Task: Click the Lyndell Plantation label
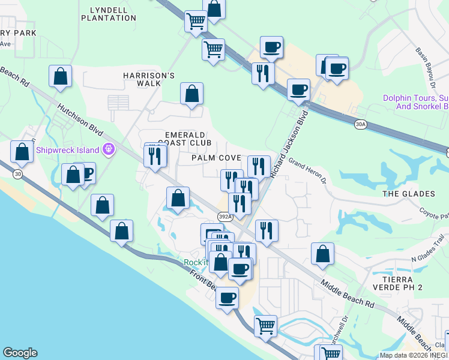pyautogui.click(x=113, y=14)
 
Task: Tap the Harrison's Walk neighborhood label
pyautogui.click(x=149, y=79)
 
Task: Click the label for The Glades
pyautogui.click(x=408, y=194)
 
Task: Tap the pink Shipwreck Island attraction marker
pyautogui.click(x=109, y=149)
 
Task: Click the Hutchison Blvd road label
pyautogui.click(x=82, y=119)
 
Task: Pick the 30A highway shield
pyautogui.click(x=360, y=124)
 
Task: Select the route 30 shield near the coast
pyautogui.click(x=17, y=173)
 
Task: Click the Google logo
pyautogui.click(x=20, y=353)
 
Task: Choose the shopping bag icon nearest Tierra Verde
pyautogui.click(x=322, y=254)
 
